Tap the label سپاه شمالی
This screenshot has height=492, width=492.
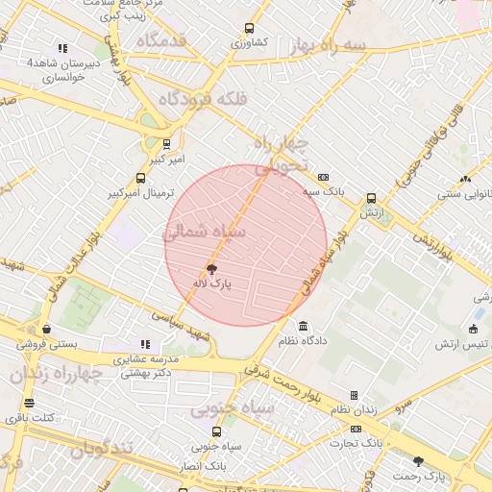(x=206, y=232)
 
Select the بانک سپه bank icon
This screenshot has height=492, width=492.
(x=323, y=177)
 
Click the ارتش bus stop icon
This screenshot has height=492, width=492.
(x=371, y=199)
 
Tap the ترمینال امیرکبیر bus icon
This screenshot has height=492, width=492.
(x=141, y=178)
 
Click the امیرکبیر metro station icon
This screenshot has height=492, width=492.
(x=167, y=144)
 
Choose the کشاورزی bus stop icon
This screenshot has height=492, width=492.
(x=250, y=28)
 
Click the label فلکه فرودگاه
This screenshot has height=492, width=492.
(x=203, y=99)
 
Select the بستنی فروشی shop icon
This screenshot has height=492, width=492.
(x=47, y=328)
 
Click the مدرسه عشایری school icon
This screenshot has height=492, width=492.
(x=145, y=344)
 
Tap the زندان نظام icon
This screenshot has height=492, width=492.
(x=354, y=395)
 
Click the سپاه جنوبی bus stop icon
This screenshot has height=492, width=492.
(x=215, y=431)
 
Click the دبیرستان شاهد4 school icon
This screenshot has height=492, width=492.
(x=62, y=48)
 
